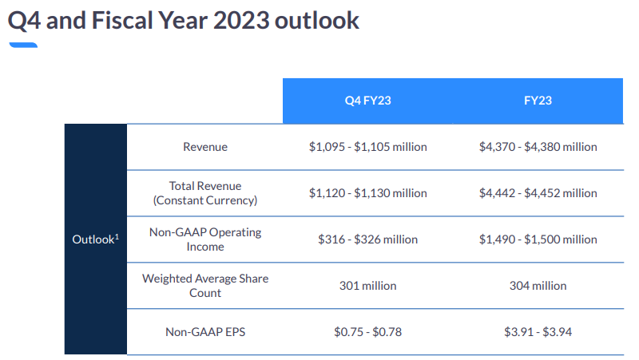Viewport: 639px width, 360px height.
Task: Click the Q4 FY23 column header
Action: tap(367, 101)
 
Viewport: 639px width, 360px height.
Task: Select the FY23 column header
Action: tap(538, 101)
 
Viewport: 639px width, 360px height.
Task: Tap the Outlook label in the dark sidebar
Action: tap(95, 239)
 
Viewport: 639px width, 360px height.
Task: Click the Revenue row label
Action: tap(205, 147)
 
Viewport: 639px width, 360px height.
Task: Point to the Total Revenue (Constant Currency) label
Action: tap(205, 193)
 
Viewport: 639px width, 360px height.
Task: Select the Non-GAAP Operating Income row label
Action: tap(205, 239)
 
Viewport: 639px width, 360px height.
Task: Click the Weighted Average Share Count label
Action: tap(205, 286)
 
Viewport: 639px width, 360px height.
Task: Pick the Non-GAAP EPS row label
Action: tap(205, 331)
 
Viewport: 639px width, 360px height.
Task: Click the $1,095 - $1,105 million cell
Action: tap(367, 147)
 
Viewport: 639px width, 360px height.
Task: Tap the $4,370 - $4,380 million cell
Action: tap(538, 147)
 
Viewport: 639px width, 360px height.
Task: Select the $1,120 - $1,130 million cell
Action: tap(367, 193)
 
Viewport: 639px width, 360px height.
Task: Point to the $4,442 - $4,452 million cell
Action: tap(538, 193)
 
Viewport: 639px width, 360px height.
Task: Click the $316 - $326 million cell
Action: tap(367, 239)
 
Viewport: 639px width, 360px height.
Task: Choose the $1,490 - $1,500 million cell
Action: tap(538, 239)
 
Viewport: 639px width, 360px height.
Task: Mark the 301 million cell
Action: tap(367, 286)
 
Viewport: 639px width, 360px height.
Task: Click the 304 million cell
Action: tap(538, 286)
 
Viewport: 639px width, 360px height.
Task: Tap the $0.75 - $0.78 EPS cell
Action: tap(367, 331)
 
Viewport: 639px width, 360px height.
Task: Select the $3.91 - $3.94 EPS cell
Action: tap(538, 331)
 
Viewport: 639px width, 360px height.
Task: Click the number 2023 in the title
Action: tap(240, 21)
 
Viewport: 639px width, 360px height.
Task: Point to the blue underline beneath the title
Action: tap(22, 45)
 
